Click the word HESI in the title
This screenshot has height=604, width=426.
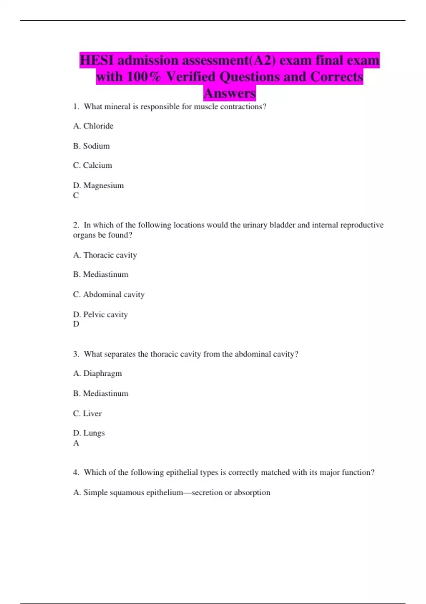pos(97,60)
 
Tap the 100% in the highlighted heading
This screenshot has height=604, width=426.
pos(144,77)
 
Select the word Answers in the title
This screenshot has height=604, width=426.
pos(229,93)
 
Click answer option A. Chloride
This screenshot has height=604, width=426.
pos(93,126)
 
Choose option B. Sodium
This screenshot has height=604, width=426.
pos(91,146)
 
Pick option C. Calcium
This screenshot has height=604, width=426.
pos(92,165)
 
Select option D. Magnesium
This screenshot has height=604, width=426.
pos(98,185)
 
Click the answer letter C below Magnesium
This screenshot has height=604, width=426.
pos(76,195)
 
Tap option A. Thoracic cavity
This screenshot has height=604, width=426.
pos(105,255)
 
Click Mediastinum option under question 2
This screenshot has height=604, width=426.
pos(101,274)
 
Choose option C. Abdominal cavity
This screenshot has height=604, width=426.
pos(109,294)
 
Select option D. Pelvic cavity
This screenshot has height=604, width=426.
pos(100,314)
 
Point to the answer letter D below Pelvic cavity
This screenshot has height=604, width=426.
pos(76,324)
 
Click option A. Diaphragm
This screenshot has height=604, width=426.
pos(97,373)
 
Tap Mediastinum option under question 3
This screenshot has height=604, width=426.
pos(101,393)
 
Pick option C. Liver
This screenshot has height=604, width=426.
pos(87,413)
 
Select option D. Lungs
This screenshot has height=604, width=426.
pos(89,433)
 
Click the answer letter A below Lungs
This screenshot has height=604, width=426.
pos(76,443)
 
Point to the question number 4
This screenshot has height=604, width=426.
pos(76,472)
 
